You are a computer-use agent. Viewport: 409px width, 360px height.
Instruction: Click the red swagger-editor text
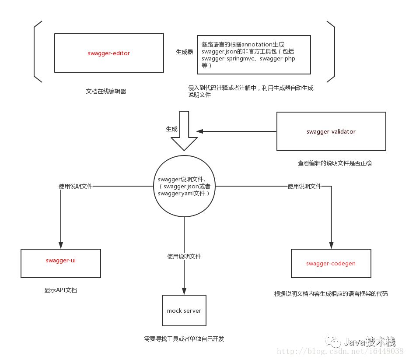pyautogui.click(x=109, y=53)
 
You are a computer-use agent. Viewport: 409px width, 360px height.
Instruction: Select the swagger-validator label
pyautogui.click(x=331, y=132)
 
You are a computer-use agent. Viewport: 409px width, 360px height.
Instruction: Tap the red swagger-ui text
pyautogui.click(x=61, y=261)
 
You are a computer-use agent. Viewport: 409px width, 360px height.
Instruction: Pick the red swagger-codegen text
pyautogui.click(x=331, y=264)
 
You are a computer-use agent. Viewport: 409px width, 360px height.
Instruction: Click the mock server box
pyautogui.click(x=184, y=311)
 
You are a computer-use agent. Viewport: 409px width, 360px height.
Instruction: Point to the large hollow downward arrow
pyautogui.click(x=184, y=131)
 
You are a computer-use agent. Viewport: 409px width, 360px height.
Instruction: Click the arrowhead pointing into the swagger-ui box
pyautogui.click(x=61, y=245)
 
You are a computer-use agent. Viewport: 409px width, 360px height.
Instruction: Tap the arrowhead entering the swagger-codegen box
pyautogui.click(x=331, y=245)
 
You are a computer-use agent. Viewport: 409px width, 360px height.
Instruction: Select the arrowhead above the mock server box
pyautogui.click(x=184, y=291)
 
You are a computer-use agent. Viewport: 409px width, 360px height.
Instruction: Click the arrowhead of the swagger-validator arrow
pyautogui.click(x=200, y=131)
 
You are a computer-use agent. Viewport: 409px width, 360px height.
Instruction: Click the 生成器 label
pyautogui.click(x=185, y=52)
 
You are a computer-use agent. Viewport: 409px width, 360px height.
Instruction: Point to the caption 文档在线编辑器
pyautogui.click(x=106, y=92)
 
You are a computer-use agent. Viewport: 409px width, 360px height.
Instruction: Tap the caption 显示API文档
pyautogui.click(x=60, y=290)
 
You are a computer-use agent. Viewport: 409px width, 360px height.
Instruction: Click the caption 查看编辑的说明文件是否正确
pyautogui.click(x=335, y=163)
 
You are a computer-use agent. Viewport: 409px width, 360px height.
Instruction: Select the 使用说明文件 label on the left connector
pyautogui.click(x=76, y=186)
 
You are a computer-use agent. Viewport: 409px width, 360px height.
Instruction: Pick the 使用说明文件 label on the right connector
pyautogui.click(x=304, y=186)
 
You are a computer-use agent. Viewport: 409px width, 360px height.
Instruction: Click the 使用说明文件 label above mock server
pyautogui.click(x=184, y=257)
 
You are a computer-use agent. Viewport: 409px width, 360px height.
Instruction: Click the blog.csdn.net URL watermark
pyautogui.click(x=340, y=351)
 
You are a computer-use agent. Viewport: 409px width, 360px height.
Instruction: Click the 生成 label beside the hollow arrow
pyautogui.click(x=171, y=129)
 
